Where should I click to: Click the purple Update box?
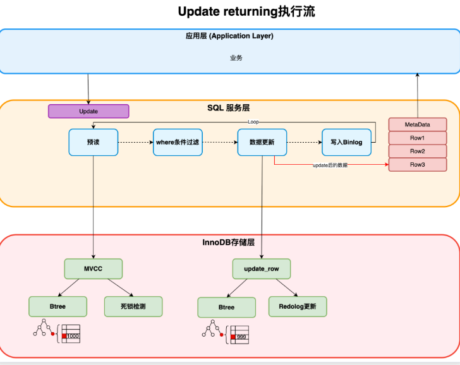88,111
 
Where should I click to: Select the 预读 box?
94,142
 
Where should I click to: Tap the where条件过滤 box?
178,142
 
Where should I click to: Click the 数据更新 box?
262,142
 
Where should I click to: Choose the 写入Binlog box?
346,142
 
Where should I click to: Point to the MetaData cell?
418,124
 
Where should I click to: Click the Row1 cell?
418,138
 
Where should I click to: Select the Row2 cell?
418,152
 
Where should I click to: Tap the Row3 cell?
418,164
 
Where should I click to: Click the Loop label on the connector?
253,122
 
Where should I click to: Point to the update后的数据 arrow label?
330,165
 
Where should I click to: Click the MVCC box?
94,269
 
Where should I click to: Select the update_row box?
262,269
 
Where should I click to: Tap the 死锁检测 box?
133,306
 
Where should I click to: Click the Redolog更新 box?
298,306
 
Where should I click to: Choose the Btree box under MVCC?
57,306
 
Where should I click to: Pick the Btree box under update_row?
226,308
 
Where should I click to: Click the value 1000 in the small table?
73,336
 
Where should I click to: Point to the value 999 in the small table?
241,337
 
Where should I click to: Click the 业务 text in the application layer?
236,57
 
